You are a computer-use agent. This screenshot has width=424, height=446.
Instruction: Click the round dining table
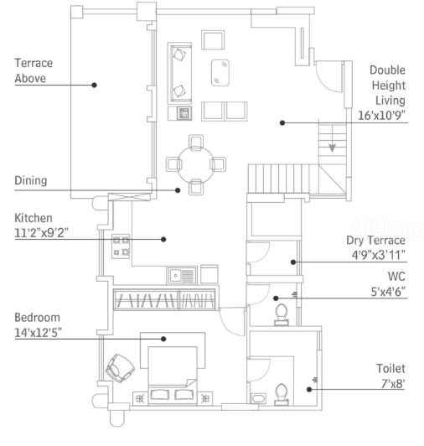tap(195, 164)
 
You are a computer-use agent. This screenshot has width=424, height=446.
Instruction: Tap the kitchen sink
tap(182, 275)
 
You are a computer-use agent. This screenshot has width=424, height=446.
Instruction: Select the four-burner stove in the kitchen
tap(121, 246)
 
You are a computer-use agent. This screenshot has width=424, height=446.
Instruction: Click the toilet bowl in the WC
tap(282, 314)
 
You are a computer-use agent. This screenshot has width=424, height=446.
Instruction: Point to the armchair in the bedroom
tap(120, 368)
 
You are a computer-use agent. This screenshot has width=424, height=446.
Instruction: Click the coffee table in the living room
tap(220, 73)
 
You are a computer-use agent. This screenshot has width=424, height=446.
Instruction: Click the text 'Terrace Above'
tap(34, 70)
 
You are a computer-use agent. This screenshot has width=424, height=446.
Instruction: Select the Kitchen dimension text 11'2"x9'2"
tap(42, 233)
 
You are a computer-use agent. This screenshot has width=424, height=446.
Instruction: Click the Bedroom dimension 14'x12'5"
tap(38, 333)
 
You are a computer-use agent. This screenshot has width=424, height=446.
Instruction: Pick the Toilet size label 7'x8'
tap(393, 384)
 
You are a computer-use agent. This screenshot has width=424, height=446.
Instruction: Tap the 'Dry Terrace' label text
tap(375, 241)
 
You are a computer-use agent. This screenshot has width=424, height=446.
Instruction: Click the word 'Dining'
tap(31, 180)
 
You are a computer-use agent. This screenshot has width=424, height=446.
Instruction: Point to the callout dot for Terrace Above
tap(95, 85)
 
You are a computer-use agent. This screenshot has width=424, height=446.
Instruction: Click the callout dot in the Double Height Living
tap(282, 123)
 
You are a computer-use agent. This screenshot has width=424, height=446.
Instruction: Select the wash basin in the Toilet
tap(258, 398)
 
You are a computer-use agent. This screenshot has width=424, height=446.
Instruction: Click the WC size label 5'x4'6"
tap(388, 292)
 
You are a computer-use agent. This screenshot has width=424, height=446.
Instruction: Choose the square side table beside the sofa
tap(179, 113)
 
